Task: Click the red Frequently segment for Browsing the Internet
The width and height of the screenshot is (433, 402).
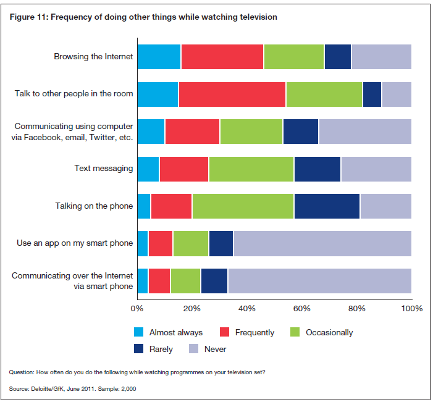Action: coord(222,57)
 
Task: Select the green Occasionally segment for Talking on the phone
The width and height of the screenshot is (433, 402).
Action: coord(243,206)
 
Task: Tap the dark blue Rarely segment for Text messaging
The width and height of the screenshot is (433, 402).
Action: coord(317,169)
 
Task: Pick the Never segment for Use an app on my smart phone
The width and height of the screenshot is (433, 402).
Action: coord(322,243)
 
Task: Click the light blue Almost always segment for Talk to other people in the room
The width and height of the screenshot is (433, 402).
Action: coord(158,94)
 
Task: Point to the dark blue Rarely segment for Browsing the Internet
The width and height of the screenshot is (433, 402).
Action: coord(337,57)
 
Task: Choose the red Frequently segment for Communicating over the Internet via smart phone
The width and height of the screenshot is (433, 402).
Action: coord(159,281)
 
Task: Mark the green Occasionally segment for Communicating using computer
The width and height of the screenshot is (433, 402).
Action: coord(251,132)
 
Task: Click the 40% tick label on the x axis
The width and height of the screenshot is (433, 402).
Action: coord(246,308)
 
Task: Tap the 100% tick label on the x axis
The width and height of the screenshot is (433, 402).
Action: coord(411,308)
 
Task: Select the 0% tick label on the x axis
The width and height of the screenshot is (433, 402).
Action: coord(137,308)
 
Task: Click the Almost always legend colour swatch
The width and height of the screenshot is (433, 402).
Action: coord(139,333)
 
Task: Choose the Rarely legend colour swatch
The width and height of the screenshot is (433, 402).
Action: coord(139,349)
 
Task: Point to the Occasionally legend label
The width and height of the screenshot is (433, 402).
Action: coord(329,333)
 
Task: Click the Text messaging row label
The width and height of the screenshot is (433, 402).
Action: coord(103,168)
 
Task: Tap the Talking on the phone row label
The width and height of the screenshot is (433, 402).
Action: coord(94,206)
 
